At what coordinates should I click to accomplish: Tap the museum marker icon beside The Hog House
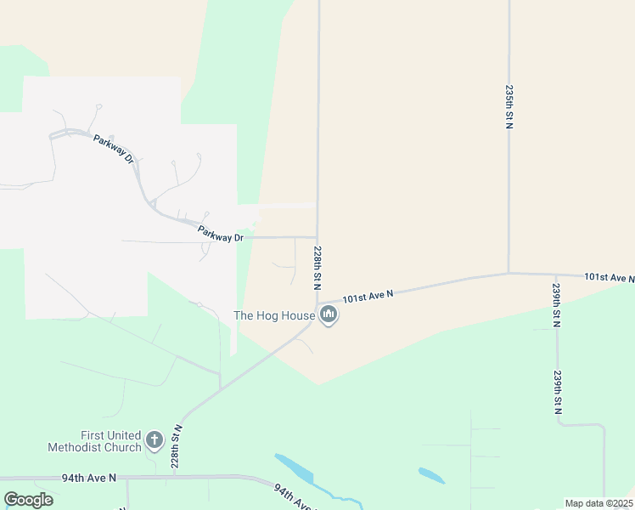329,316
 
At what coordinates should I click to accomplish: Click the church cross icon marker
154,440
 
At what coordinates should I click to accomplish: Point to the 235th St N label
509,106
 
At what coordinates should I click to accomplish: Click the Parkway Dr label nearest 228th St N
221,233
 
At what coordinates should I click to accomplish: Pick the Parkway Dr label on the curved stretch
115,148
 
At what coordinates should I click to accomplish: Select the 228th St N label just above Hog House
317,265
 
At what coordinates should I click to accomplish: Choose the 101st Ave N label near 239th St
610,278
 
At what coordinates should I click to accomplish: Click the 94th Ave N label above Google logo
88,479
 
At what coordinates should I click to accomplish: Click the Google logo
28,500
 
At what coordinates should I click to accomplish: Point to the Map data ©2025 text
598,503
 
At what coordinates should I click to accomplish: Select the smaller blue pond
431,475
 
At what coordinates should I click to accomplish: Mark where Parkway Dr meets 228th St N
317,237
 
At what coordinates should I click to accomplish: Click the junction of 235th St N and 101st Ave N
509,274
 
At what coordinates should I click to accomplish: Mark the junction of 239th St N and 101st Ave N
555,275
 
